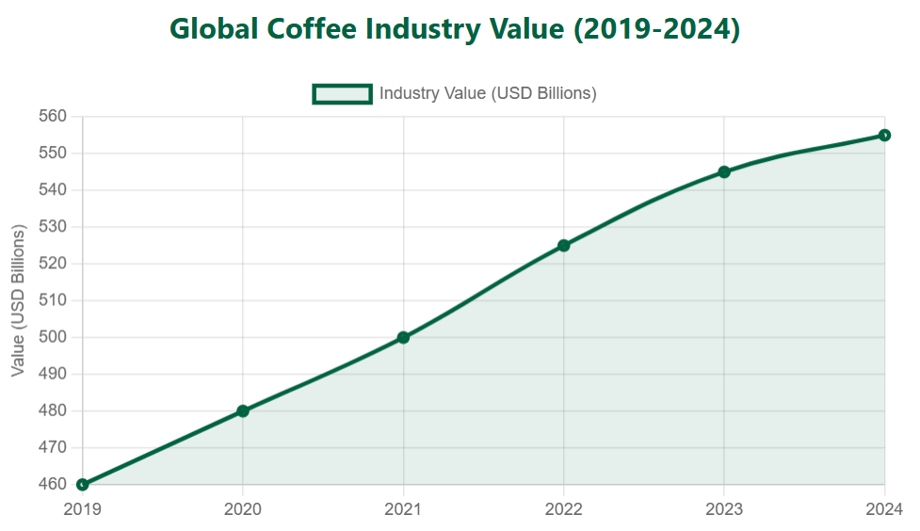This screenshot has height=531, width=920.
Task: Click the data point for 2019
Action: [x=83, y=485]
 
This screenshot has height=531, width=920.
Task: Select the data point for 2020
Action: [x=243, y=410]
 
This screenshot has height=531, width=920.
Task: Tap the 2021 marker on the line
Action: [x=403, y=337]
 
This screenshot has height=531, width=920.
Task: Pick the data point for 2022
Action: [x=563, y=246]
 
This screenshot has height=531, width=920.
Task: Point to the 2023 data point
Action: [x=724, y=172]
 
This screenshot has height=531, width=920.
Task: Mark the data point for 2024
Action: [x=884, y=136]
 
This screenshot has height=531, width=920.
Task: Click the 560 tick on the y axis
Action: [x=53, y=117]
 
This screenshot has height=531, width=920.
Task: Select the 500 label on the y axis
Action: [x=53, y=337]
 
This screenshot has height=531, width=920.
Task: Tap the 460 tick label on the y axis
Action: [x=53, y=485]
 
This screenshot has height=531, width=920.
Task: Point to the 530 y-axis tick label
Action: [x=53, y=227]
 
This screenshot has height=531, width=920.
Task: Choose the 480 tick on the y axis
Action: [x=53, y=410]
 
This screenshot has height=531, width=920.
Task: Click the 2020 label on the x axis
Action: [x=243, y=509]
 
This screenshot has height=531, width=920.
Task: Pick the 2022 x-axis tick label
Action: [x=563, y=509]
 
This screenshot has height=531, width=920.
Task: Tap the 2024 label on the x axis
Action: [x=883, y=509]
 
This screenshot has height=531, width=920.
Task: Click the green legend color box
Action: [x=343, y=93]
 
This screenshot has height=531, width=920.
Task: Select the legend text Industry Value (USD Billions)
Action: [x=488, y=93]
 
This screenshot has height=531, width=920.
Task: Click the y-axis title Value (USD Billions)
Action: [x=18, y=300]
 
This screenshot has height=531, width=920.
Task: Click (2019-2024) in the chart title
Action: [x=656, y=29]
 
